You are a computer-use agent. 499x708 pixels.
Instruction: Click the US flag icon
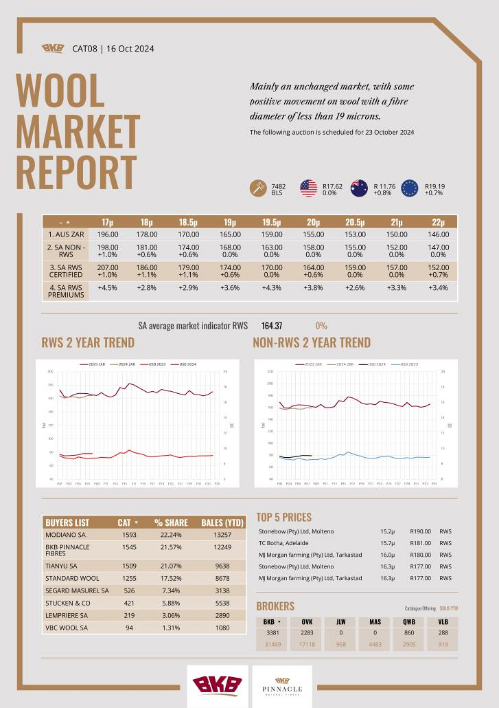[x=308, y=188]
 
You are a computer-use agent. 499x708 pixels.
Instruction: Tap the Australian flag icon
[x=359, y=188]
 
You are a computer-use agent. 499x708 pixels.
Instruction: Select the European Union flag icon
[x=410, y=188]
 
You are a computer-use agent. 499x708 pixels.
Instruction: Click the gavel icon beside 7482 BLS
[x=258, y=188]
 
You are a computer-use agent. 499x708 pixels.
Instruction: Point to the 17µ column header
[x=108, y=222]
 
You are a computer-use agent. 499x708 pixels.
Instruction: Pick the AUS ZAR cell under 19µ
[x=230, y=234]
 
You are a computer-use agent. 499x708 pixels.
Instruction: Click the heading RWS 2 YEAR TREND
[x=88, y=342]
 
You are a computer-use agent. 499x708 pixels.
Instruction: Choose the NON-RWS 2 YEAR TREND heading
[x=312, y=342]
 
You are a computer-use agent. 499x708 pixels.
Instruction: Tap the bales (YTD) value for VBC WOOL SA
[x=218, y=628]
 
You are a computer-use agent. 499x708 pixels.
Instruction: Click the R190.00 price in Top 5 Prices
[x=420, y=531]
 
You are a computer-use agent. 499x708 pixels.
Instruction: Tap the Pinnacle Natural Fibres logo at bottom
[x=282, y=685]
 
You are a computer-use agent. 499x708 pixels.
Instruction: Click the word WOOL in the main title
[x=60, y=91]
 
